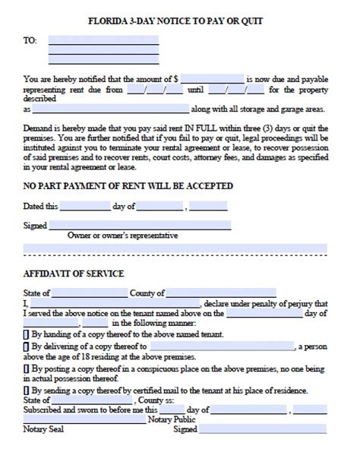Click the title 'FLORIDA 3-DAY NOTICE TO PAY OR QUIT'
point(180,21)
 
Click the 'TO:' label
point(30,40)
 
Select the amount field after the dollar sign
point(212,78)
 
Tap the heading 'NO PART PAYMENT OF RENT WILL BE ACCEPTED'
point(128,186)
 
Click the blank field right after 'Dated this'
point(85,206)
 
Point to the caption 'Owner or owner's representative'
point(122,236)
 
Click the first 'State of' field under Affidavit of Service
point(90,293)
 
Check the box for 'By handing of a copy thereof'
point(26,332)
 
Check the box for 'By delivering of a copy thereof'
point(26,346)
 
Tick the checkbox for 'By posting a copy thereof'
point(26,368)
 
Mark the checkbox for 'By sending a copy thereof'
point(26,391)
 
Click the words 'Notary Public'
point(174,419)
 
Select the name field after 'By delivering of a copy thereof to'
point(220,346)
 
